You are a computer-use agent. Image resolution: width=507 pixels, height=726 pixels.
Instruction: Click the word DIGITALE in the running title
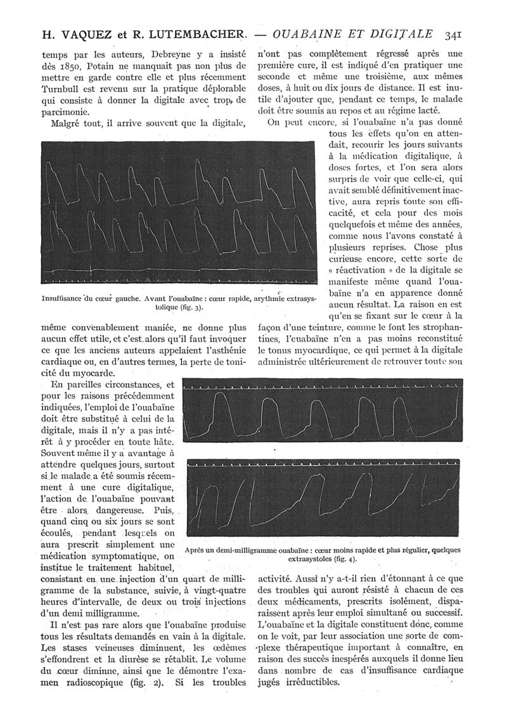399,34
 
